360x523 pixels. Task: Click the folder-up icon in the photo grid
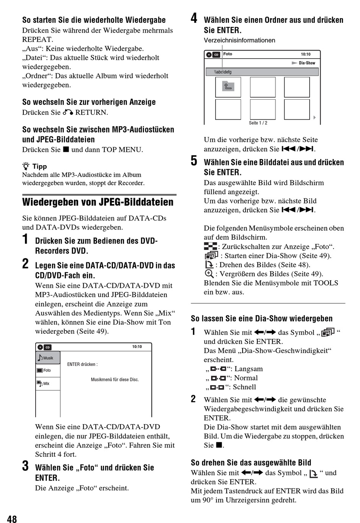pyautogui.click(x=228, y=86)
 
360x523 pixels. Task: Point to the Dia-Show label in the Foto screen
pyautogui.click(x=307, y=63)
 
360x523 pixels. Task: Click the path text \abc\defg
pyautogui.click(x=223, y=72)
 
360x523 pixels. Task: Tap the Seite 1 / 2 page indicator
pyautogui.click(x=258, y=123)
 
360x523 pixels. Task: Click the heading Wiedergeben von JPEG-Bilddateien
pyautogui.click(x=98, y=202)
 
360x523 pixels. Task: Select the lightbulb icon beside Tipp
pyautogui.click(x=26, y=166)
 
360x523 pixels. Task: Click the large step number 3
pyautogui.click(x=25, y=465)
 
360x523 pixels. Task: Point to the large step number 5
pyautogui.click(x=194, y=161)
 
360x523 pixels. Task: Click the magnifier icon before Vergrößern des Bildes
pyautogui.click(x=209, y=273)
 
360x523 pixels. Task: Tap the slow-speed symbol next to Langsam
pyautogui.click(x=218, y=369)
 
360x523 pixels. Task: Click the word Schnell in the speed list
pyautogui.click(x=244, y=387)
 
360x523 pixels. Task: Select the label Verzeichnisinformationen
pyautogui.click(x=239, y=41)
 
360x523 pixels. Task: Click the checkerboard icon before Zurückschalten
pyautogui.click(x=210, y=246)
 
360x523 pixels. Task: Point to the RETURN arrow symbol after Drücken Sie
pyautogui.click(x=68, y=112)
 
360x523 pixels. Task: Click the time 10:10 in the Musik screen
pyautogui.click(x=137, y=347)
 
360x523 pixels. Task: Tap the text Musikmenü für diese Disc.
pyautogui.click(x=115, y=379)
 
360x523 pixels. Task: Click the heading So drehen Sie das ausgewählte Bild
pyautogui.click(x=251, y=462)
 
